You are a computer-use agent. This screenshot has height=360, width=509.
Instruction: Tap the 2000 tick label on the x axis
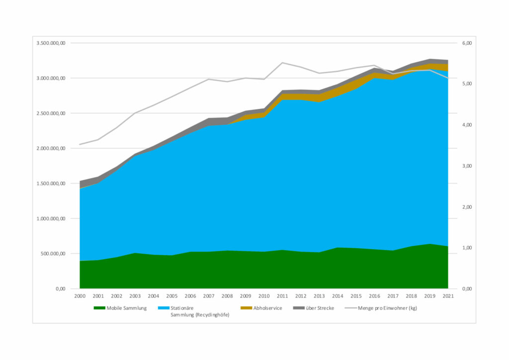[x=80, y=296]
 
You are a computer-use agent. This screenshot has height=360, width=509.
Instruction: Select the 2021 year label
[x=448, y=296]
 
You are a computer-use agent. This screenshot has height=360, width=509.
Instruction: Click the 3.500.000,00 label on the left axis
[x=51, y=43]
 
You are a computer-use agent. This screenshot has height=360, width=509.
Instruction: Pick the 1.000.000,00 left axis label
[x=51, y=218]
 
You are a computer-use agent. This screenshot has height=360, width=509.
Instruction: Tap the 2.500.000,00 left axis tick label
[x=51, y=113]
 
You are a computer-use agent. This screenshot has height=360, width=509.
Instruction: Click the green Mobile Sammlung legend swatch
[x=99, y=308]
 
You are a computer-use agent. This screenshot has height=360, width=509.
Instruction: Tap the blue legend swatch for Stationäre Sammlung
[x=163, y=308]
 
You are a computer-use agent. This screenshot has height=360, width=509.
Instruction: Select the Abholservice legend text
[x=267, y=308]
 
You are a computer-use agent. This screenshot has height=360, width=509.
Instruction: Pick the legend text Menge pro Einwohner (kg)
[x=386, y=308]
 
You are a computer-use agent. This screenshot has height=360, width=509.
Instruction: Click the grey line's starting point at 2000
[x=80, y=144]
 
